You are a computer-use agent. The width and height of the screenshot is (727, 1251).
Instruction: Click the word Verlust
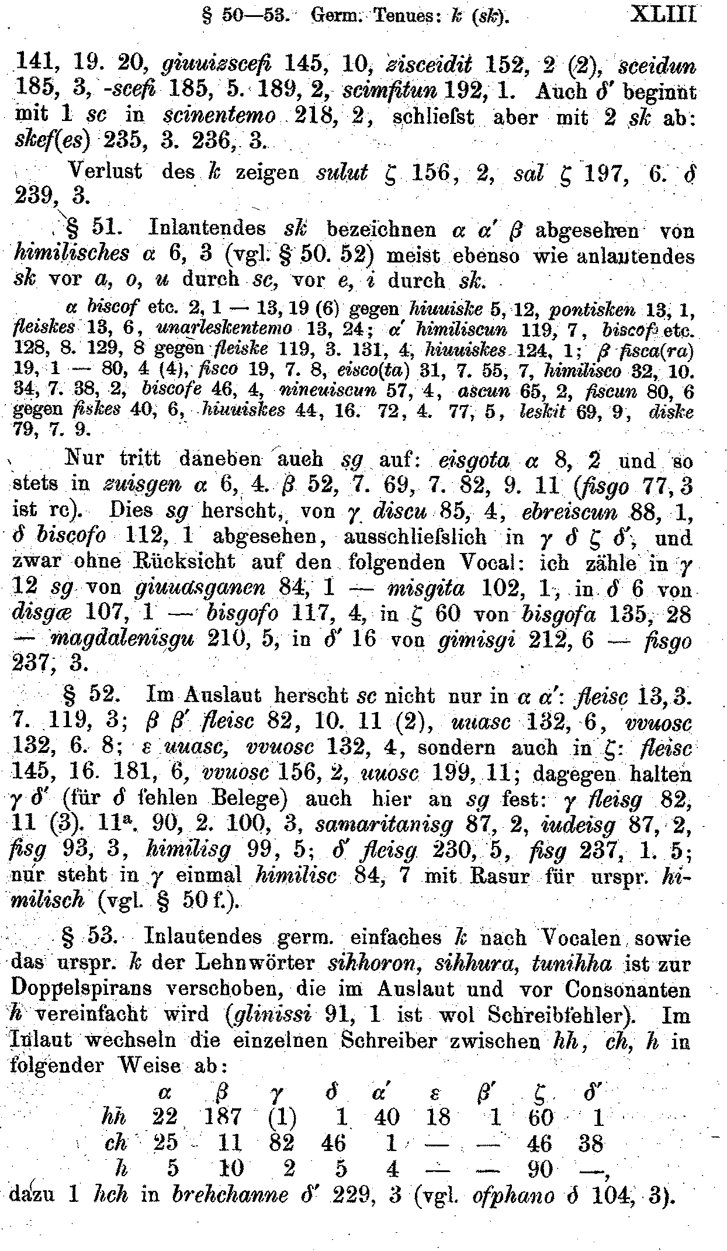pyautogui.click(x=105, y=172)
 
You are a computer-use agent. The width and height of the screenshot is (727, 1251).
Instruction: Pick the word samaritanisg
pyautogui.click(x=384, y=825)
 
